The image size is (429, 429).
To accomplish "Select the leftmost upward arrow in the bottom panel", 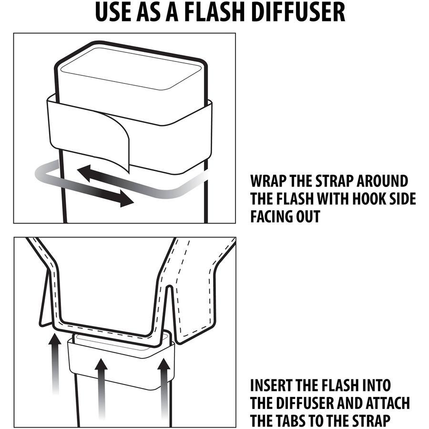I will point(56,362).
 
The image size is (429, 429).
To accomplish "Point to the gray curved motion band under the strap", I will point(162,193).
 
